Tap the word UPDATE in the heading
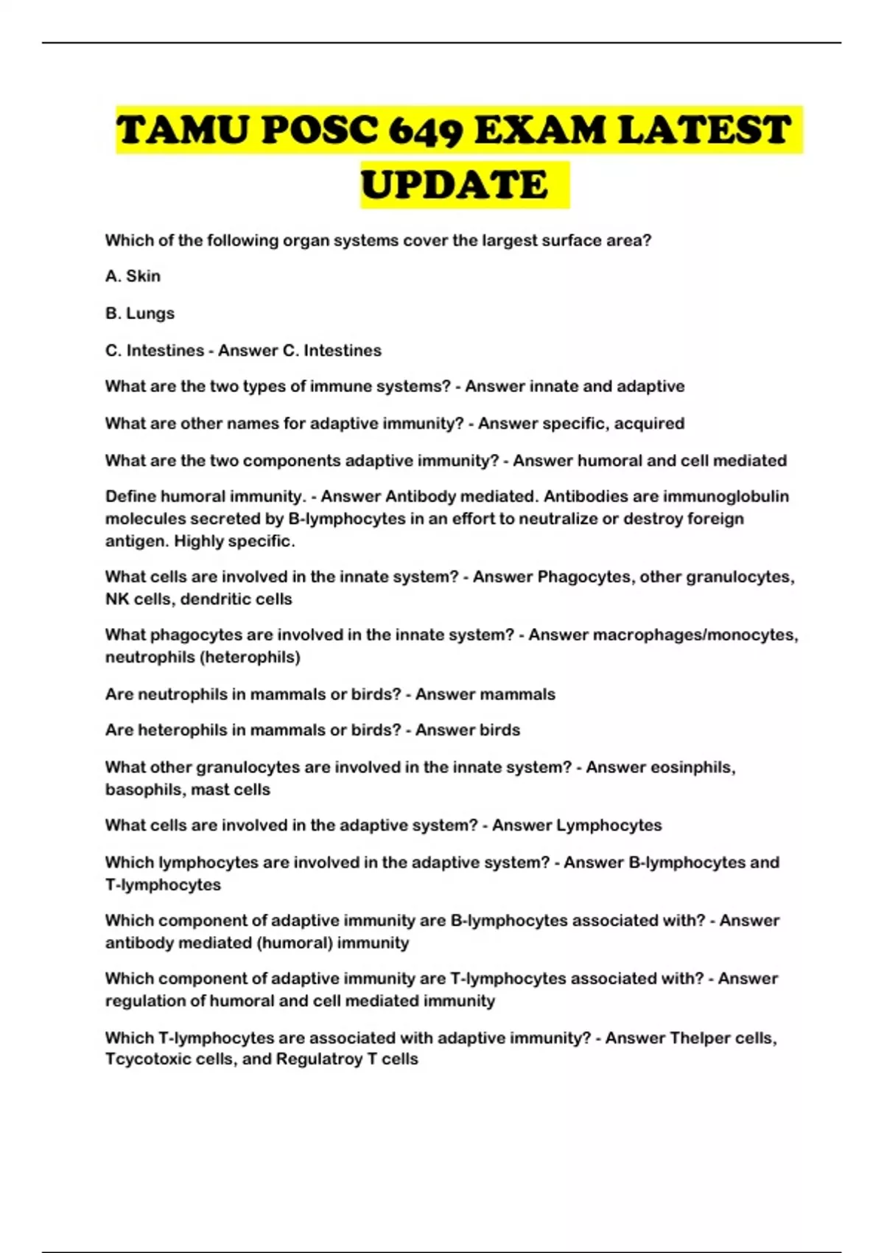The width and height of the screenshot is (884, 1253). tap(455, 185)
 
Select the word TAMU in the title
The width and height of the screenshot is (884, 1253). tap(183, 131)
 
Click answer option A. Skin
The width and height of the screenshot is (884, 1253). tap(133, 276)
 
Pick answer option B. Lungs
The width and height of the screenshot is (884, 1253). tap(140, 313)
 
